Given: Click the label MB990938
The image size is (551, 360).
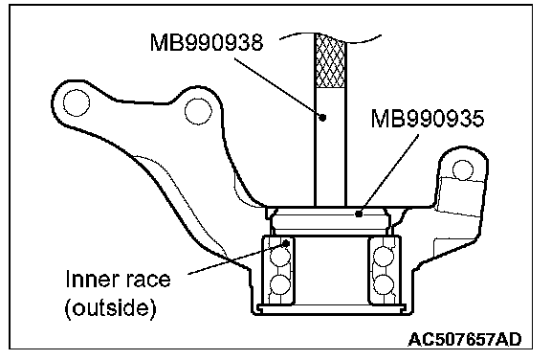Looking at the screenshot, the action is pos(207,43).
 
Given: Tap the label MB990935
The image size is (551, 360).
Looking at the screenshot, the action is pos(428,118).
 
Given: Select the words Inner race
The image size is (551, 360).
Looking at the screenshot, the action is pos(118,280).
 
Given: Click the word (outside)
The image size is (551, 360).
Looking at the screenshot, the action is pos(110,308).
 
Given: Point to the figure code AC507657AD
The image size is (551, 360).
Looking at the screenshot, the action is pos(465,340).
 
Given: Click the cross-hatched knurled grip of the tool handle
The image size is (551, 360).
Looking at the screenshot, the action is pos(330,61).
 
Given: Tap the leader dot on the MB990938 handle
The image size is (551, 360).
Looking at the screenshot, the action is pos(322,117).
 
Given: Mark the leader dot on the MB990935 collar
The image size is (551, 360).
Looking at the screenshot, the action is pos(359,214).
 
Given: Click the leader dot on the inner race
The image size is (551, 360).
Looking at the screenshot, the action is pos(286,243).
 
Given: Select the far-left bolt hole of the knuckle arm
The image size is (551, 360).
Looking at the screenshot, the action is pos(77,102).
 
